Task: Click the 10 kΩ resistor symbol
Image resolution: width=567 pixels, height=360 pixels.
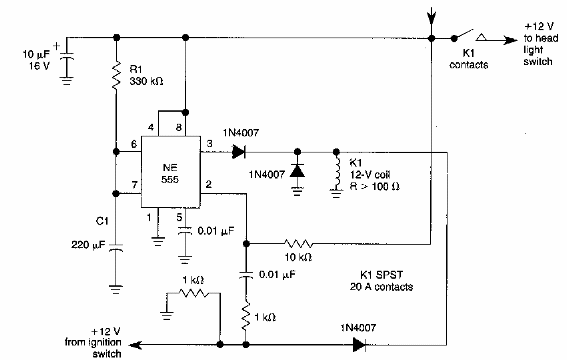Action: pos(298,242)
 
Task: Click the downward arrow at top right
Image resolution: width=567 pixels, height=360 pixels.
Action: pos(431,14)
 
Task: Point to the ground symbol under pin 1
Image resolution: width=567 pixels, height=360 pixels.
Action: pos(156,239)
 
